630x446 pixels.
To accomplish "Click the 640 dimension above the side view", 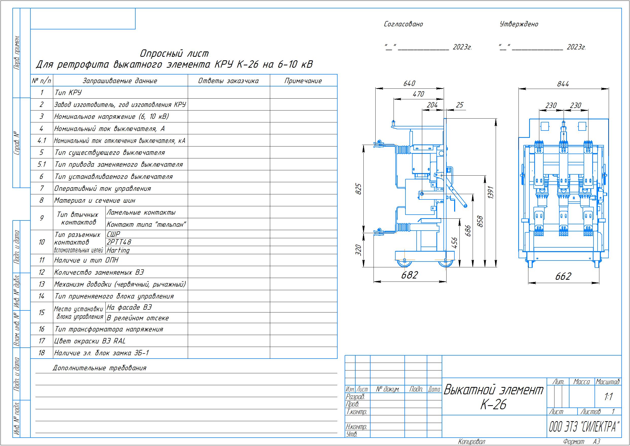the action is pos(409,83).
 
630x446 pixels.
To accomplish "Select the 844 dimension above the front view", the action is pos(563,84).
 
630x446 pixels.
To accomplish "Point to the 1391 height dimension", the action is pos(491,193).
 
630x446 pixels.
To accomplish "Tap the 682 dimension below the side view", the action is pos(410,275).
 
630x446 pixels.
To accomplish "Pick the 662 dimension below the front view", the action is pos(563,276).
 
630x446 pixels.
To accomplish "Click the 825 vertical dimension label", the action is pos(359,189).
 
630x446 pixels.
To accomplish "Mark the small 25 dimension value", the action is pos(459,105).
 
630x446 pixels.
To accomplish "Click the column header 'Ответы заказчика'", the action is pos(228,81).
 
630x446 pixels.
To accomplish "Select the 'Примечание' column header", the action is pos(303,81).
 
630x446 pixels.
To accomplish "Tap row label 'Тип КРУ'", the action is pos(68,92).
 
